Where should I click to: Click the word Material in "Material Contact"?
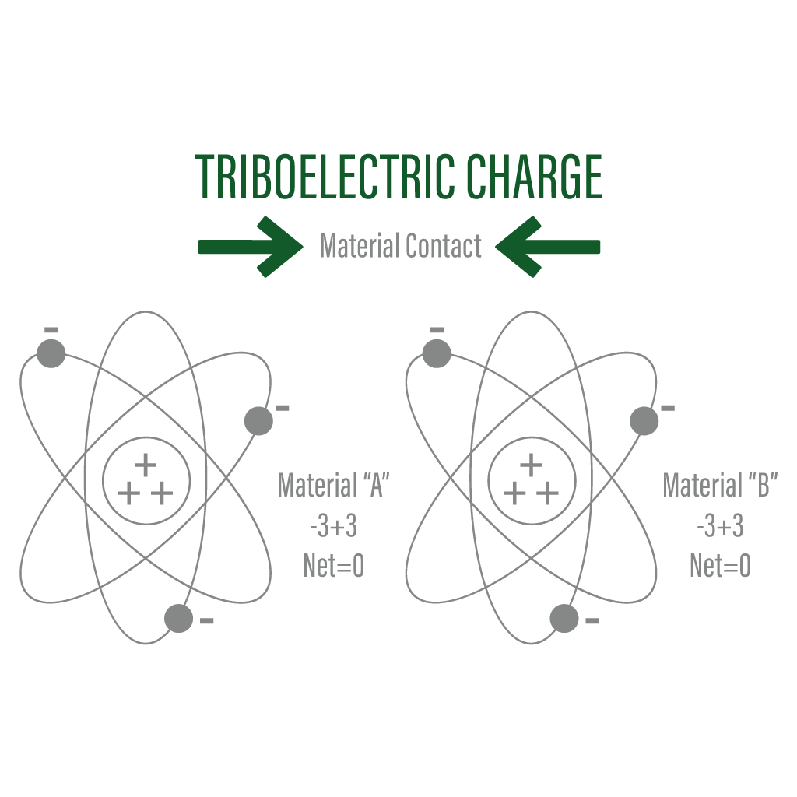[x=360, y=247]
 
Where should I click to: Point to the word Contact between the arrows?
[x=443, y=247]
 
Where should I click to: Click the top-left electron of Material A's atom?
[x=51, y=353]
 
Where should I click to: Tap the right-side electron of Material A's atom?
[x=258, y=421]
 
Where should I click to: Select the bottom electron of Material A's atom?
[x=178, y=619]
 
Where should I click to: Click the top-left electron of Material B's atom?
[x=437, y=353]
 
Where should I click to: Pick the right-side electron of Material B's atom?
[x=644, y=421]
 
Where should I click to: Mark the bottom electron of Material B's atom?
[x=564, y=619]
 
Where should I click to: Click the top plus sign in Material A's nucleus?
[x=146, y=465]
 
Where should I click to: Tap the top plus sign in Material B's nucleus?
[x=531, y=465]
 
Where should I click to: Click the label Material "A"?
[x=333, y=486]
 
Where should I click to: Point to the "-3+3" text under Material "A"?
[x=333, y=526]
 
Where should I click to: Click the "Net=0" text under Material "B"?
[x=720, y=566]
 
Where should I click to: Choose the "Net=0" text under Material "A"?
[x=333, y=566]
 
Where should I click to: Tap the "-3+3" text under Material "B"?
[x=720, y=526]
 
